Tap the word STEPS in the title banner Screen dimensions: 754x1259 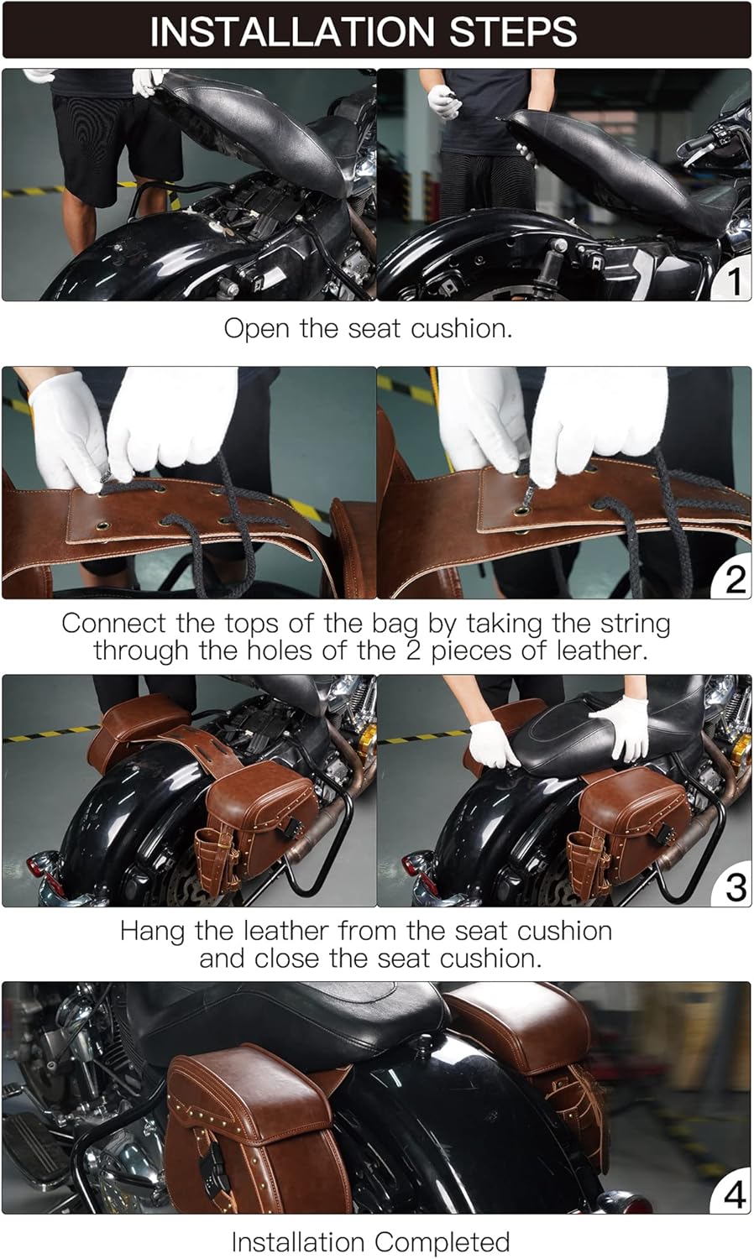click(x=513, y=32)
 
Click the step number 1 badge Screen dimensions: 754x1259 click(x=733, y=281)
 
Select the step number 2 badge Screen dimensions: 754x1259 click(x=733, y=580)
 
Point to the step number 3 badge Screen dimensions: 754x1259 click(x=733, y=888)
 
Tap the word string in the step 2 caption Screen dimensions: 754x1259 click(x=636, y=624)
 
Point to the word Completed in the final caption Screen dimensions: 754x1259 click(x=442, y=1241)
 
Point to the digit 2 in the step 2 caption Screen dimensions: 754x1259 click(x=413, y=650)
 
